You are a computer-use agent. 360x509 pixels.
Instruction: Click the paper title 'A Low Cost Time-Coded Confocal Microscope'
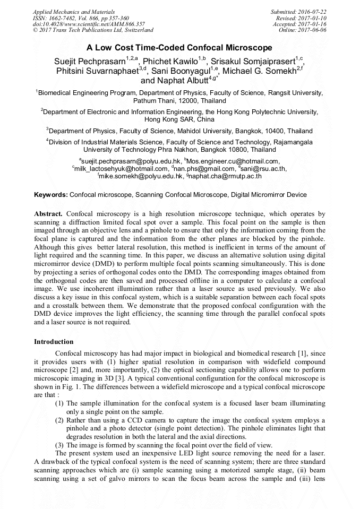point(179,47)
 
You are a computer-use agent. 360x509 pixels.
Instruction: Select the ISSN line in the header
point(81,18)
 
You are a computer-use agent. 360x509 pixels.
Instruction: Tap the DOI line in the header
point(89,24)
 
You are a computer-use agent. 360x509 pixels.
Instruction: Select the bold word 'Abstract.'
point(49,213)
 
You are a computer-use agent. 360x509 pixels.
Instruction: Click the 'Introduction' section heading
point(54,341)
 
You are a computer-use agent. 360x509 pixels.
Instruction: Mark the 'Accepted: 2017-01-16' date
point(299,24)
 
